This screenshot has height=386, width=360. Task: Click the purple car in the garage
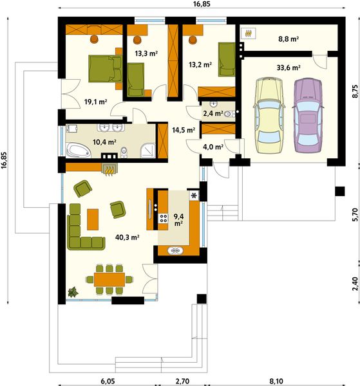(308, 115)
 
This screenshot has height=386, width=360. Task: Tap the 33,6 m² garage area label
(289, 68)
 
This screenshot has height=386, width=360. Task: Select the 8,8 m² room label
(289, 39)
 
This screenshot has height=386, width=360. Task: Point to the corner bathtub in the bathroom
(79, 150)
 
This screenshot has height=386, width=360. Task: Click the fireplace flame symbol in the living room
(109, 170)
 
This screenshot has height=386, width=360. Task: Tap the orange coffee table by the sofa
(93, 219)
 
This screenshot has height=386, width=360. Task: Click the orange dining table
(109, 279)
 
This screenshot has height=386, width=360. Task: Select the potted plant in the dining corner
(73, 292)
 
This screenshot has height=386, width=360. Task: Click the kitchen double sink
(175, 251)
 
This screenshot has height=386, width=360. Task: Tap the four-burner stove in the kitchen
(163, 218)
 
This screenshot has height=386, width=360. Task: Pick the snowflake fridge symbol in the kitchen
(194, 196)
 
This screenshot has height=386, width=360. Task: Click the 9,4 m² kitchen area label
(178, 220)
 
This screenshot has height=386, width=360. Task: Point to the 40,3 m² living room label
(127, 237)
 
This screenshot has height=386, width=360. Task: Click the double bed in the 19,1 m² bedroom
(106, 69)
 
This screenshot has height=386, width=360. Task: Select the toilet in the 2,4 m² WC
(229, 114)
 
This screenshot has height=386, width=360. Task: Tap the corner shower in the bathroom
(148, 151)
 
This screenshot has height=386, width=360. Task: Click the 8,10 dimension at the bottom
(276, 381)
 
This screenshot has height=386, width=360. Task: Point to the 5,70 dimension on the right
(355, 215)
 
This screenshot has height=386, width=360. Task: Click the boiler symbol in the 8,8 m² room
(249, 33)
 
